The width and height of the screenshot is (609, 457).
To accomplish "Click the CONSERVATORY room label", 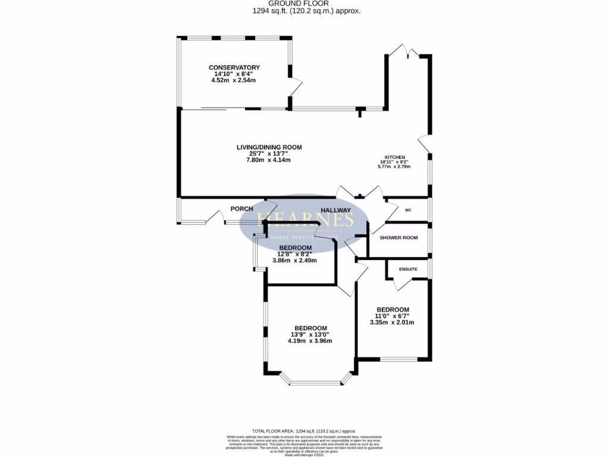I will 234,67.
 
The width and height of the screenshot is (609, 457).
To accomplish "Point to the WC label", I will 408,210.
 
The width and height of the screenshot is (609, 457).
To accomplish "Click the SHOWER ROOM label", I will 398,237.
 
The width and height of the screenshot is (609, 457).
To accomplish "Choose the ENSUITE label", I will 408,269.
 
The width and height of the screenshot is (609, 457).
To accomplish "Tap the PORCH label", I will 242,209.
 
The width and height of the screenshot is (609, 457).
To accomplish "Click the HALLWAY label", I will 336,210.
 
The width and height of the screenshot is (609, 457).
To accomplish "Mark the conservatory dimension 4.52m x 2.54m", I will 234,80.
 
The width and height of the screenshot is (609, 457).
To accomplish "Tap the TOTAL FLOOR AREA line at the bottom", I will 304,430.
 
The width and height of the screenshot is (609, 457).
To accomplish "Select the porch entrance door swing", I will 213,218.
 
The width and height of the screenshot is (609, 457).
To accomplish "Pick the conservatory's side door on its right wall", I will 295,87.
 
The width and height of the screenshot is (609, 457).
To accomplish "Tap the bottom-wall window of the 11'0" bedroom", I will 398,359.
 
